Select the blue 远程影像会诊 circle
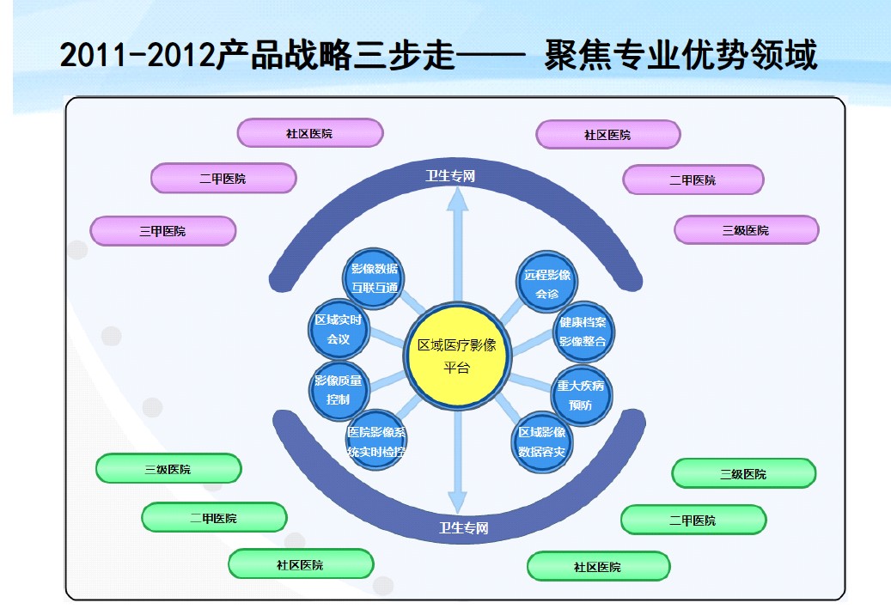point(547,284)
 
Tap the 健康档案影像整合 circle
point(583,332)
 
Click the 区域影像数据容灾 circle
point(542,442)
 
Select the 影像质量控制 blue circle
point(339,389)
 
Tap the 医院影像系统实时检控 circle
point(376,441)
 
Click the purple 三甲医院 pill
point(162,231)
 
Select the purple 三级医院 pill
point(746,230)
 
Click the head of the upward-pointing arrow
point(458,199)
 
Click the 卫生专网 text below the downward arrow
point(463,528)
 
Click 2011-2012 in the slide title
point(137,57)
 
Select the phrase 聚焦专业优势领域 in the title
point(680,57)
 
